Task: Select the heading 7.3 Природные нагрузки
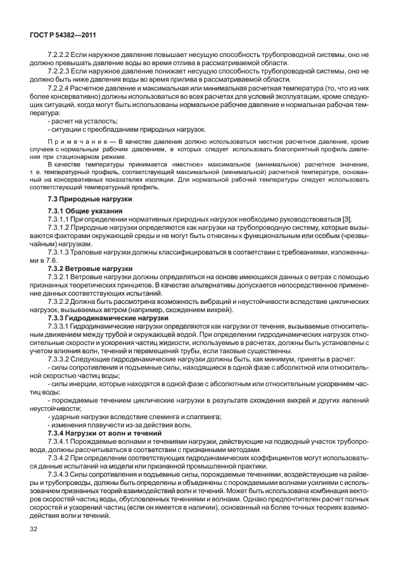point(82,199)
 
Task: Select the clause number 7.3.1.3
point(59,251)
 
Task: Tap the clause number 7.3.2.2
point(59,301)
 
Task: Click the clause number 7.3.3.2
point(59,359)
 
